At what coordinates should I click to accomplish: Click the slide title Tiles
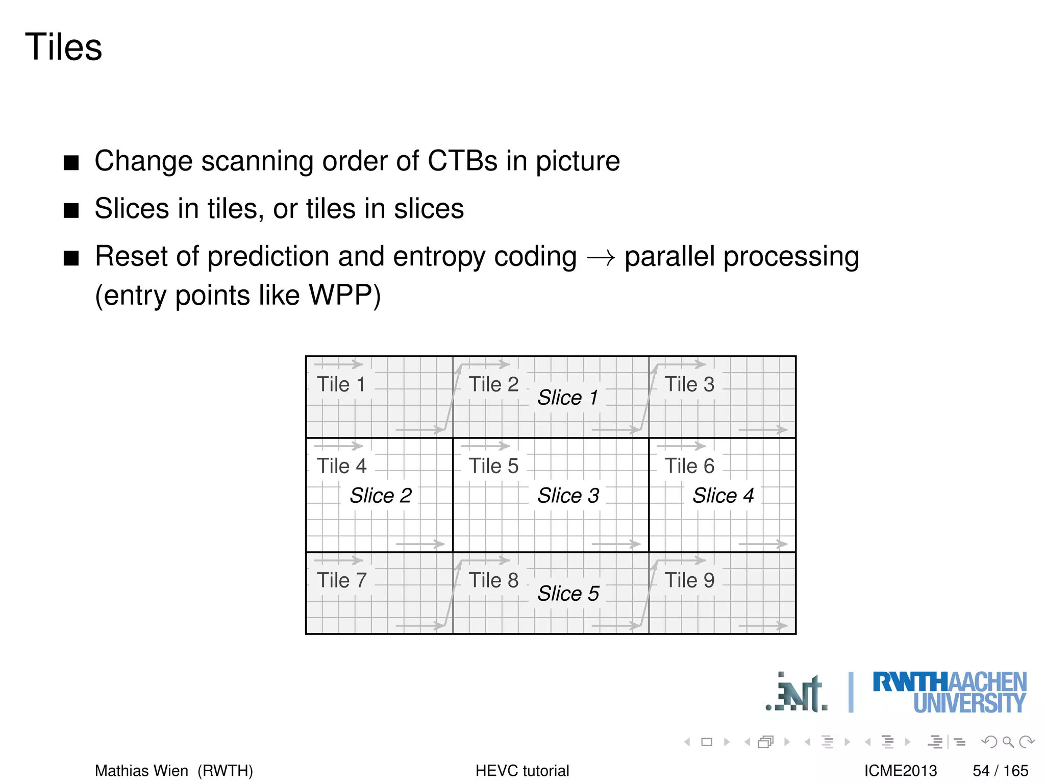(x=63, y=47)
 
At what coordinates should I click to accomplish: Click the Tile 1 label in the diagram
(x=341, y=384)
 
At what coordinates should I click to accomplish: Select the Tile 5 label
(x=493, y=466)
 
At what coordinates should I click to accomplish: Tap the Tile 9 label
(x=689, y=580)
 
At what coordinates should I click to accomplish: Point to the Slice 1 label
(x=567, y=398)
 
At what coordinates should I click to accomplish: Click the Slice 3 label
(x=568, y=496)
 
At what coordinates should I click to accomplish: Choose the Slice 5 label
(x=568, y=594)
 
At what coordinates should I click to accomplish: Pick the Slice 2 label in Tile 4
(x=380, y=496)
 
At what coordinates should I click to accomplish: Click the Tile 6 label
(x=689, y=466)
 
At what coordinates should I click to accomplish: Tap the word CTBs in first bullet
(x=462, y=161)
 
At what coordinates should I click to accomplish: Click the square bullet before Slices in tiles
(x=71, y=210)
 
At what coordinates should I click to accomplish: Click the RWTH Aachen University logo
(x=949, y=693)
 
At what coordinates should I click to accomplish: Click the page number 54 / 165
(x=1000, y=771)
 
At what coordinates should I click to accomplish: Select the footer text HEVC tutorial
(x=522, y=771)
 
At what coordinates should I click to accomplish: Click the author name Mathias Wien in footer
(x=141, y=771)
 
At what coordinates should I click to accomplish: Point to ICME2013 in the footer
(x=901, y=771)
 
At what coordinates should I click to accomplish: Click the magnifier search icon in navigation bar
(x=1008, y=742)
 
